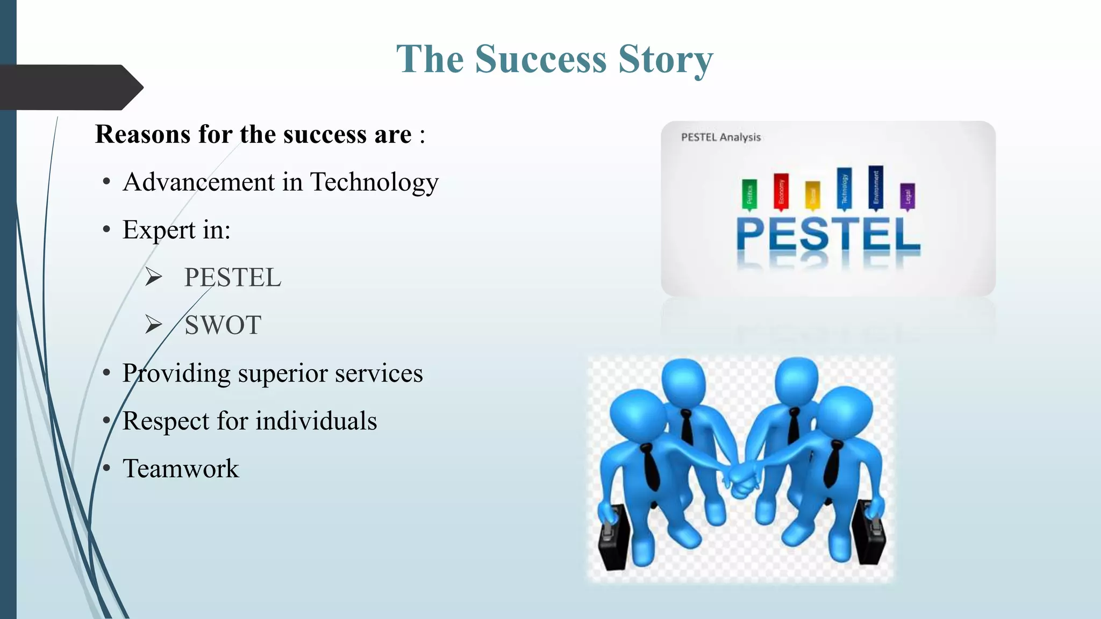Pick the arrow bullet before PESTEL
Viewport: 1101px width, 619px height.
[x=154, y=277]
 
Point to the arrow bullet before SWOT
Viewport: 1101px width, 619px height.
[x=154, y=325]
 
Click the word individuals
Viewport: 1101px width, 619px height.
[x=316, y=421]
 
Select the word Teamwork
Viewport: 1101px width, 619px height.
[x=181, y=469]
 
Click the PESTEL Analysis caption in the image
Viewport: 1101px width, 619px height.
[x=720, y=137]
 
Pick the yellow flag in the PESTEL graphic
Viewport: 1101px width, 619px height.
[x=812, y=195]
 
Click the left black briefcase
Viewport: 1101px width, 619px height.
[x=614, y=537]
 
